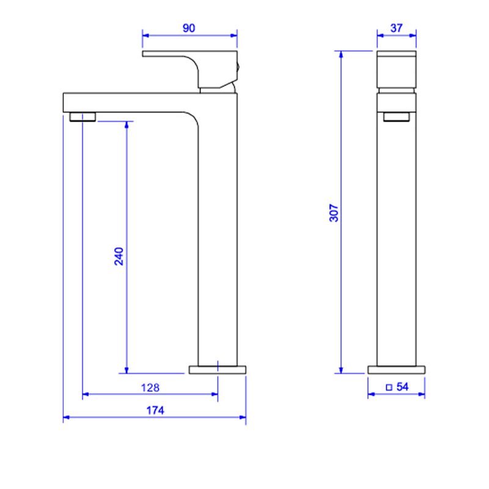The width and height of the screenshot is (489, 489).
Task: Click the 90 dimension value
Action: (189, 28)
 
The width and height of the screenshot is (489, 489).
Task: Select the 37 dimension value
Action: (396, 28)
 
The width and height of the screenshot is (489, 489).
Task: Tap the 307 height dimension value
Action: (334, 213)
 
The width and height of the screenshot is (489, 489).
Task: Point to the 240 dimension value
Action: (119, 256)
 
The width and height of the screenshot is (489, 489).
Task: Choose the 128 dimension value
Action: (150, 388)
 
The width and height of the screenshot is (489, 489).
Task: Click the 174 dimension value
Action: (155, 410)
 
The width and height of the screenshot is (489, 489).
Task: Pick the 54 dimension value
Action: (402, 387)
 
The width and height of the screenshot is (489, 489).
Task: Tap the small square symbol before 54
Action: (389, 388)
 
